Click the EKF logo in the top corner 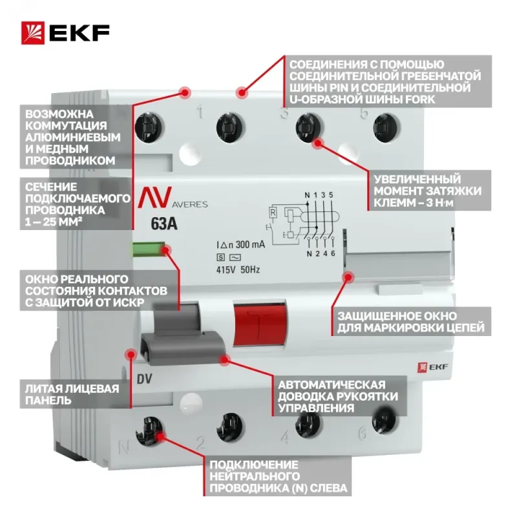65,33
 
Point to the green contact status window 149,249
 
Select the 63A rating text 164,224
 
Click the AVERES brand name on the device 189,204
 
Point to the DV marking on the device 144,379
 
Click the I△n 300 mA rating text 240,245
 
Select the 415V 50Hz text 238,269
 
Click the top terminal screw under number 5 386,129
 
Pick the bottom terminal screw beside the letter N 149,431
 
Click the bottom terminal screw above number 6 384,419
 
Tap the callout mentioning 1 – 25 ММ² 76,204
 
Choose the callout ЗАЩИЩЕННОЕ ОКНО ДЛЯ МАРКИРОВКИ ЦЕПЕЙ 411,322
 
